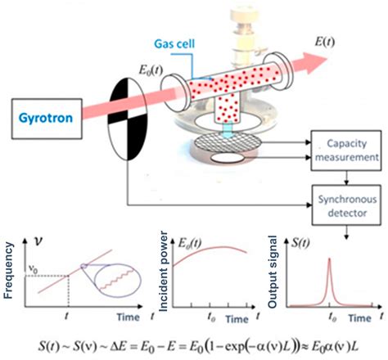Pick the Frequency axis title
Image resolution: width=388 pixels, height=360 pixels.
pyautogui.click(x=11, y=263)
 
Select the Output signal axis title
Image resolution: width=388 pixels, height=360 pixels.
pyautogui.click(x=275, y=263)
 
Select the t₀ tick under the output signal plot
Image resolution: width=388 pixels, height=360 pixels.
pyautogui.click(x=332, y=311)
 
